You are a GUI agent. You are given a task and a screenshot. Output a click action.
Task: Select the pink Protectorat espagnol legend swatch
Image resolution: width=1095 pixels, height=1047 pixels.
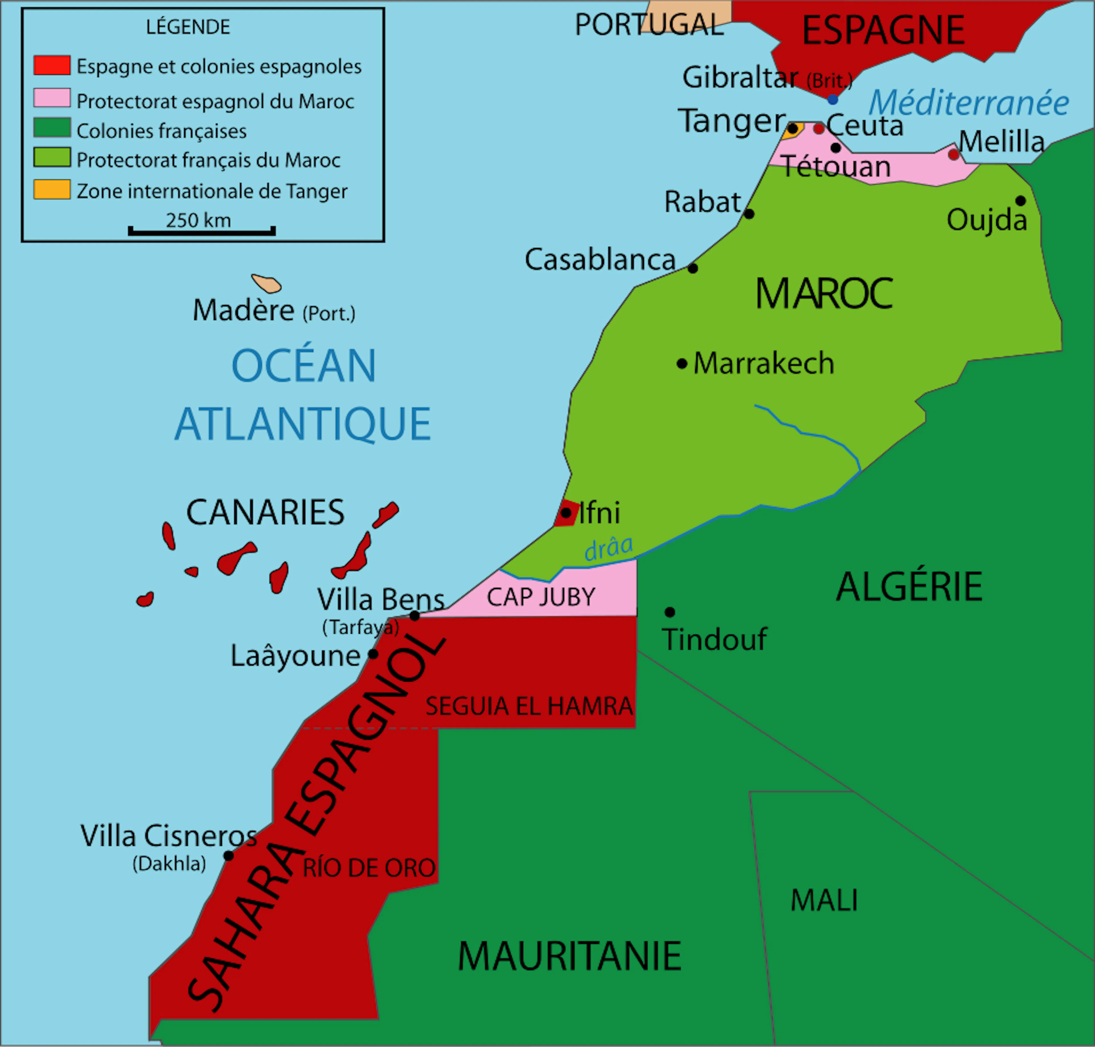[x=52, y=98]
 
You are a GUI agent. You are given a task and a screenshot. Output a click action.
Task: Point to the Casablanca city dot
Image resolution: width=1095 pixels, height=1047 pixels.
[x=693, y=268]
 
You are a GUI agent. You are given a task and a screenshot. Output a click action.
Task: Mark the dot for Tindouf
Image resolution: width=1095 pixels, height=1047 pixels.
[x=670, y=612]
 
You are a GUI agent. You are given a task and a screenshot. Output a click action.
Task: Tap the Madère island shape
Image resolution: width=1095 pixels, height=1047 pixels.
[x=267, y=283]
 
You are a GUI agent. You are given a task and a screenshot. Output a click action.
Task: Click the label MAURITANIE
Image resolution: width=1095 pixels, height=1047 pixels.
[x=569, y=957]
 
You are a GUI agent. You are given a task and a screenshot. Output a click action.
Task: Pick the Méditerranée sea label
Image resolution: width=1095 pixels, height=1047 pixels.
[x=968, y=103]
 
